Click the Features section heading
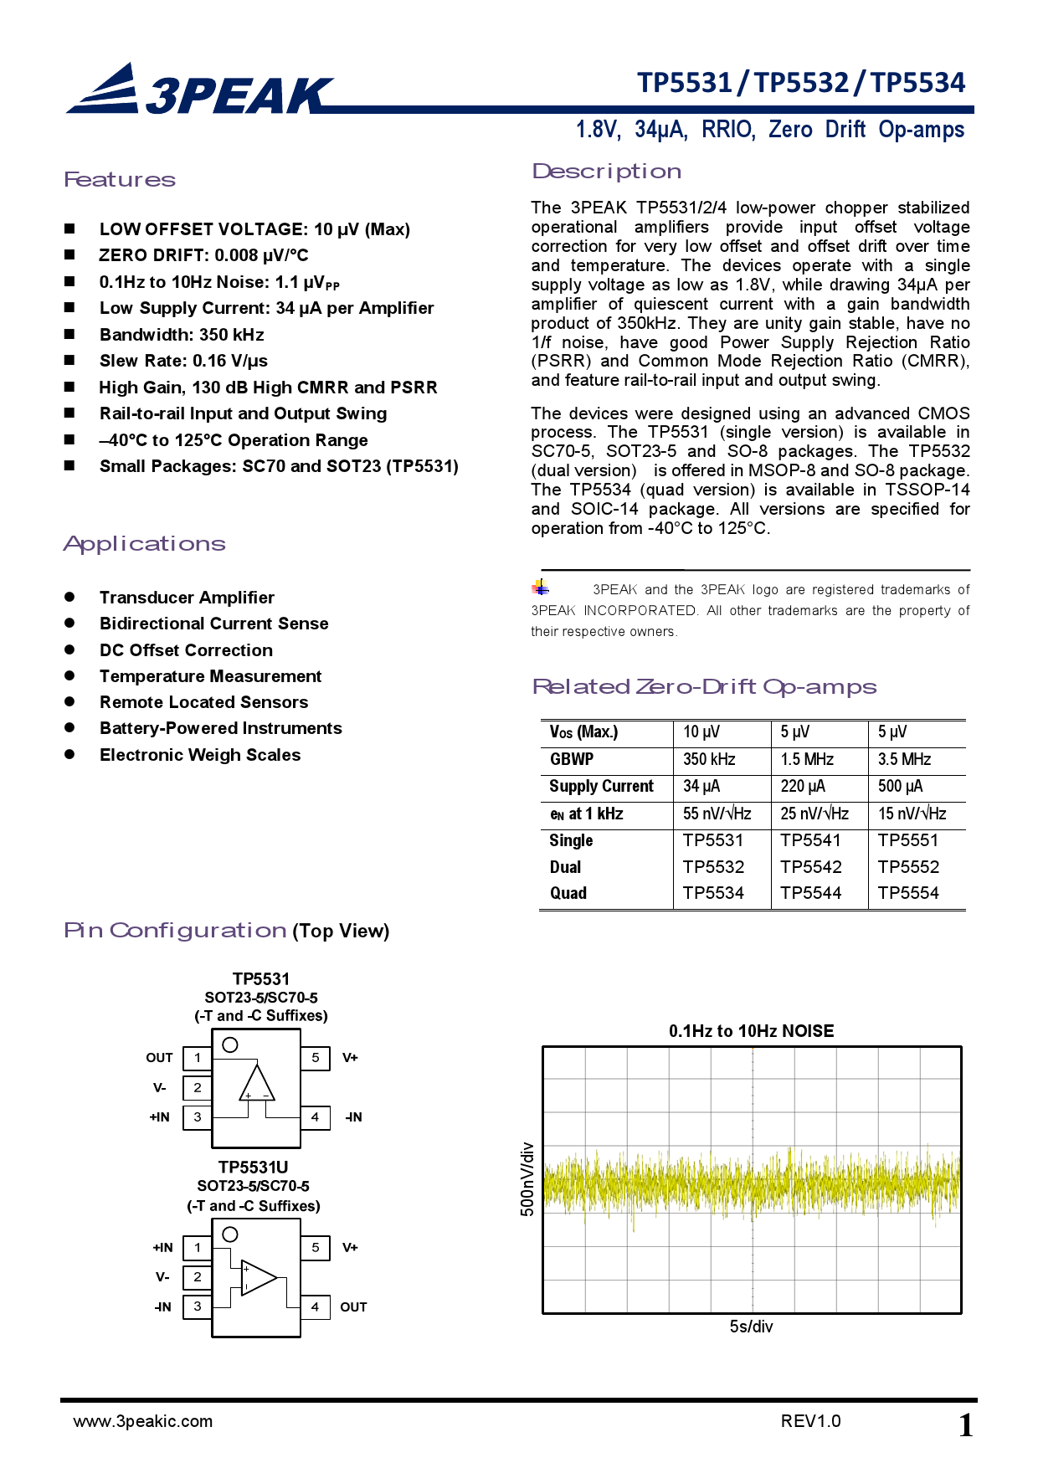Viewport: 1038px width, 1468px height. [120, 180]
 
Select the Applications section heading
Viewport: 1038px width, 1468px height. [145, 544]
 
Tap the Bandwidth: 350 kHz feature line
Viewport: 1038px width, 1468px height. [182, 335]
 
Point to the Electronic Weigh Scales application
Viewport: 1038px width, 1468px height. [200, 755]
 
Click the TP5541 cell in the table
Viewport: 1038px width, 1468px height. [810, 840]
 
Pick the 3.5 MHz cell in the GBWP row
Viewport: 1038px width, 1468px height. [904, 759]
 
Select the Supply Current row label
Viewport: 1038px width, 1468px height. [601, 786]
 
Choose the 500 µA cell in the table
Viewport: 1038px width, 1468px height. [900, 786]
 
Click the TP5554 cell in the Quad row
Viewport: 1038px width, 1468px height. [908, 893]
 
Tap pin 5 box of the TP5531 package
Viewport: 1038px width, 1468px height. [315, 1058]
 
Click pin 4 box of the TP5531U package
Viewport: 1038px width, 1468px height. [315, 1306]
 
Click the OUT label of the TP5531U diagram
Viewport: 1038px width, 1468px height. [353, 1307]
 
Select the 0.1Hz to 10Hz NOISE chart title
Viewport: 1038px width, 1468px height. [751, 1031]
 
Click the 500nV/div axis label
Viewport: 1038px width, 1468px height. [527, 1179]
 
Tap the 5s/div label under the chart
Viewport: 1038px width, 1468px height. [751, 1327]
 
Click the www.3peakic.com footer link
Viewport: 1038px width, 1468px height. [143, 1421]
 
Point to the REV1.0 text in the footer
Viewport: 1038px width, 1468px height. [810, 1421]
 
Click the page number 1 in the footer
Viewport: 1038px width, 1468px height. [965, 1425]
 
